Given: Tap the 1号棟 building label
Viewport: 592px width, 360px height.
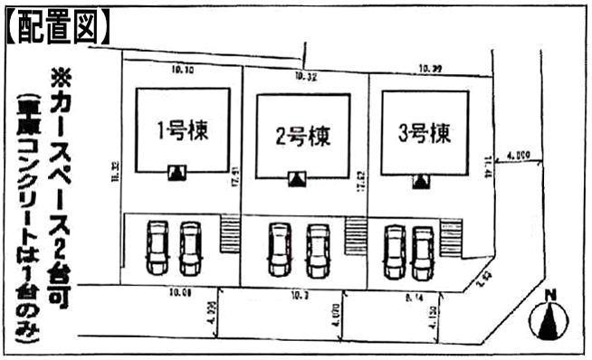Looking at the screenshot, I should (x=184, y=131).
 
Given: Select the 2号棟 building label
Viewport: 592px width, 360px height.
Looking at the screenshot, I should (x=302, y=137).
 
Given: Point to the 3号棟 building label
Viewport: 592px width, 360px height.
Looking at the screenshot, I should (x=425, y=133).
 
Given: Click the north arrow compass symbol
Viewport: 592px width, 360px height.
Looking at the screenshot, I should (x=549, y=317).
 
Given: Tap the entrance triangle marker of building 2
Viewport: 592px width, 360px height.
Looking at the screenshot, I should (x=295, y=179).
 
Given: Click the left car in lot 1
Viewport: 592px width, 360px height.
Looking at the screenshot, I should (x=158, y=248).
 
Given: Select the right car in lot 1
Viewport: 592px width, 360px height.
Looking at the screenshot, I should (x=189, y=248).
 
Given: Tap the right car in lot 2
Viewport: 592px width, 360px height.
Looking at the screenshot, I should (x=316, y=250).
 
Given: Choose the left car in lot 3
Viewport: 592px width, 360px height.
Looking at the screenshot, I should (x=394, y=251).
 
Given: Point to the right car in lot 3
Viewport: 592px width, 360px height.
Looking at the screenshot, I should (x=422, y=251).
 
